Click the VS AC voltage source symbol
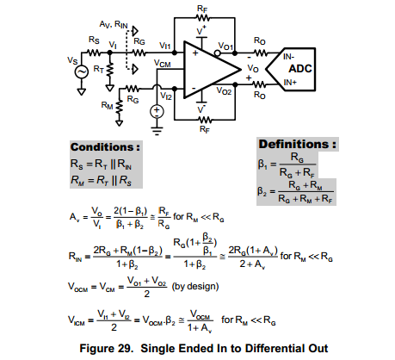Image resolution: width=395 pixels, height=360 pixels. tap(82, 71)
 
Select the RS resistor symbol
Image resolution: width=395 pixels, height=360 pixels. tap(94, 53)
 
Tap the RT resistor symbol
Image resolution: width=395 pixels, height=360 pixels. tap(109, 71)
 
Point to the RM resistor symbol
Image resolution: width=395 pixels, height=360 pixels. tap(119, 107)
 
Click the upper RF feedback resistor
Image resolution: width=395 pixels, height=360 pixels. tap(203, 18)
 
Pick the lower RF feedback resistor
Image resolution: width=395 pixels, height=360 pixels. tap(205, 120)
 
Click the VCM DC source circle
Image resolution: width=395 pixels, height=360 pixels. tap(157, 111)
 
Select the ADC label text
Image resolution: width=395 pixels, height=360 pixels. tap(300, 69)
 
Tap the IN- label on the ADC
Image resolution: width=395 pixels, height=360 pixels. tap(288, 57)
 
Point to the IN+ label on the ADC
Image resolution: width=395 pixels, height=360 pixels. tap(290, 83)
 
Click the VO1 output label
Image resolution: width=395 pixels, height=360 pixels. tap(225, 47)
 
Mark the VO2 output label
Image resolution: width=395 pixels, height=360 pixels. tap(224, 91)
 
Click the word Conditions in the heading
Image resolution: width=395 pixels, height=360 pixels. tap(102, 147)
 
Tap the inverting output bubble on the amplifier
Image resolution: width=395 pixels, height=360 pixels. tap(218, 53)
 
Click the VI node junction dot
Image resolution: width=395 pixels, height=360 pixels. tap(109, 53)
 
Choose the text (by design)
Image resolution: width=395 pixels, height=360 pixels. tap(195, 286)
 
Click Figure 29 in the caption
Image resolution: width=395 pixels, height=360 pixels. tap(106, 348)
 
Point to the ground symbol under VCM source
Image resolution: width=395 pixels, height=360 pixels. tap(157, 131)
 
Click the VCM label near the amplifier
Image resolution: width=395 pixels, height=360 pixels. tap(163, 64)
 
